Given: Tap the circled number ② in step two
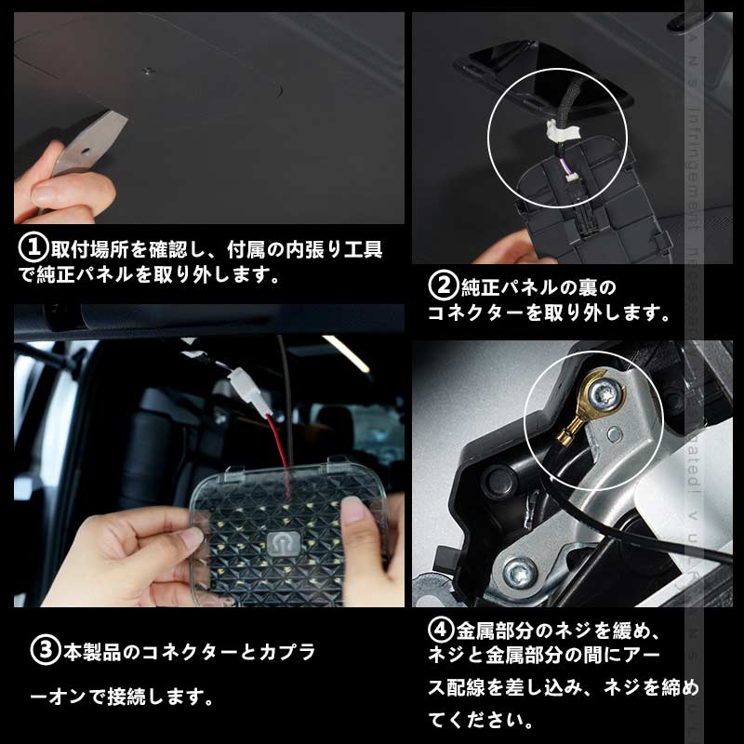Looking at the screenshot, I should (x=441, y=283).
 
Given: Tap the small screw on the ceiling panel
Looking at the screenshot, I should (x=146, y=69).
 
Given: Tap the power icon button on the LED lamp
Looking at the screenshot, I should (x=279, y=542).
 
